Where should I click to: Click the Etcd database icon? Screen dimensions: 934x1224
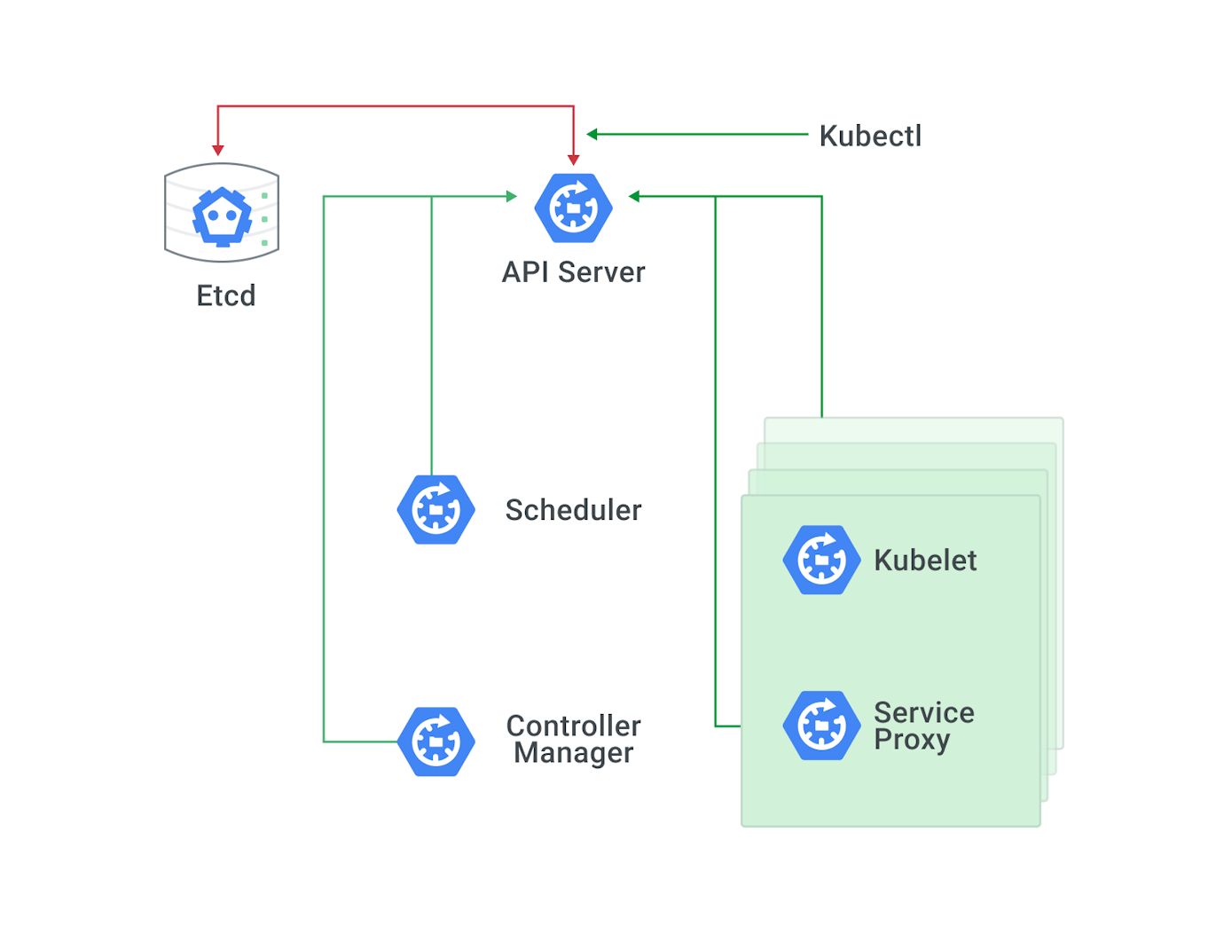point(222,213)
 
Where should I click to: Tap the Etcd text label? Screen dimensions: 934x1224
point(225,295)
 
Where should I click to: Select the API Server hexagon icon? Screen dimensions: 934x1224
point(573,208)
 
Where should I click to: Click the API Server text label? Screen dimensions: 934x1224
point(573,272)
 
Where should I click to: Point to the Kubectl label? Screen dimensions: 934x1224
point(869,136)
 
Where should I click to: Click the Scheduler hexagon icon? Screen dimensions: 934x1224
point(435,510)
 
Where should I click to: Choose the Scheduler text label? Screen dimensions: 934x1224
point(573,510)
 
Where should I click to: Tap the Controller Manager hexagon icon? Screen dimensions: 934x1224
point(435,742)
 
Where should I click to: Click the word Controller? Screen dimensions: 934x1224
point(573,726)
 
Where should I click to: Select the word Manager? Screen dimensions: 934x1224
point(573,753)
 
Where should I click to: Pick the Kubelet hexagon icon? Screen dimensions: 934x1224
point(821,560)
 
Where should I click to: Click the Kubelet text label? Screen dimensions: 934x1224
point(924,561)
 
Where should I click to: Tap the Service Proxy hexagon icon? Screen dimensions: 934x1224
point(821,726)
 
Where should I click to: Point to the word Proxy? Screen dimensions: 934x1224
point(911,740)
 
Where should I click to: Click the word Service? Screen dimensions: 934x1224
point(923,712)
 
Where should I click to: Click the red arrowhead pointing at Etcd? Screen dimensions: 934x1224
point(218,150)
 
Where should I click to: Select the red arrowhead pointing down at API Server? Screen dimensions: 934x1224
point(574,160)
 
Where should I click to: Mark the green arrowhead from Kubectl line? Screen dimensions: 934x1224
point(592,135)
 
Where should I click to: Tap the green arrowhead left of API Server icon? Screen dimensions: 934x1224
point(511,196)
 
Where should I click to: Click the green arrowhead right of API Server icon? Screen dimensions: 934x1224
point(634,196)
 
